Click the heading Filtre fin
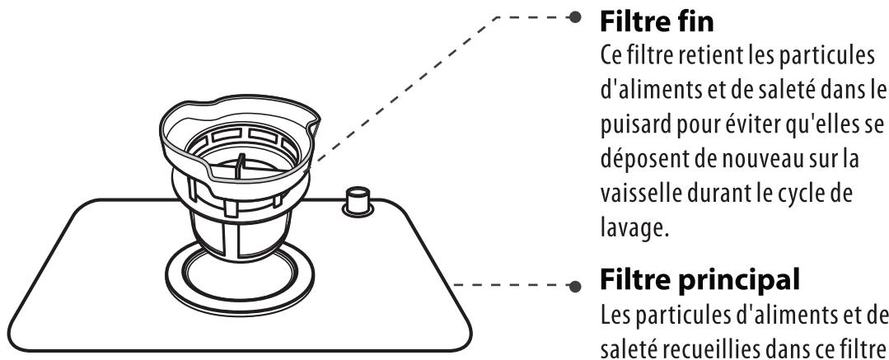(x=657, y=22)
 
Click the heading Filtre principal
(x=700, y=279)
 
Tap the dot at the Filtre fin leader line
(x=575, y=17)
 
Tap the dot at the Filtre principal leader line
(x=575, y=287)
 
